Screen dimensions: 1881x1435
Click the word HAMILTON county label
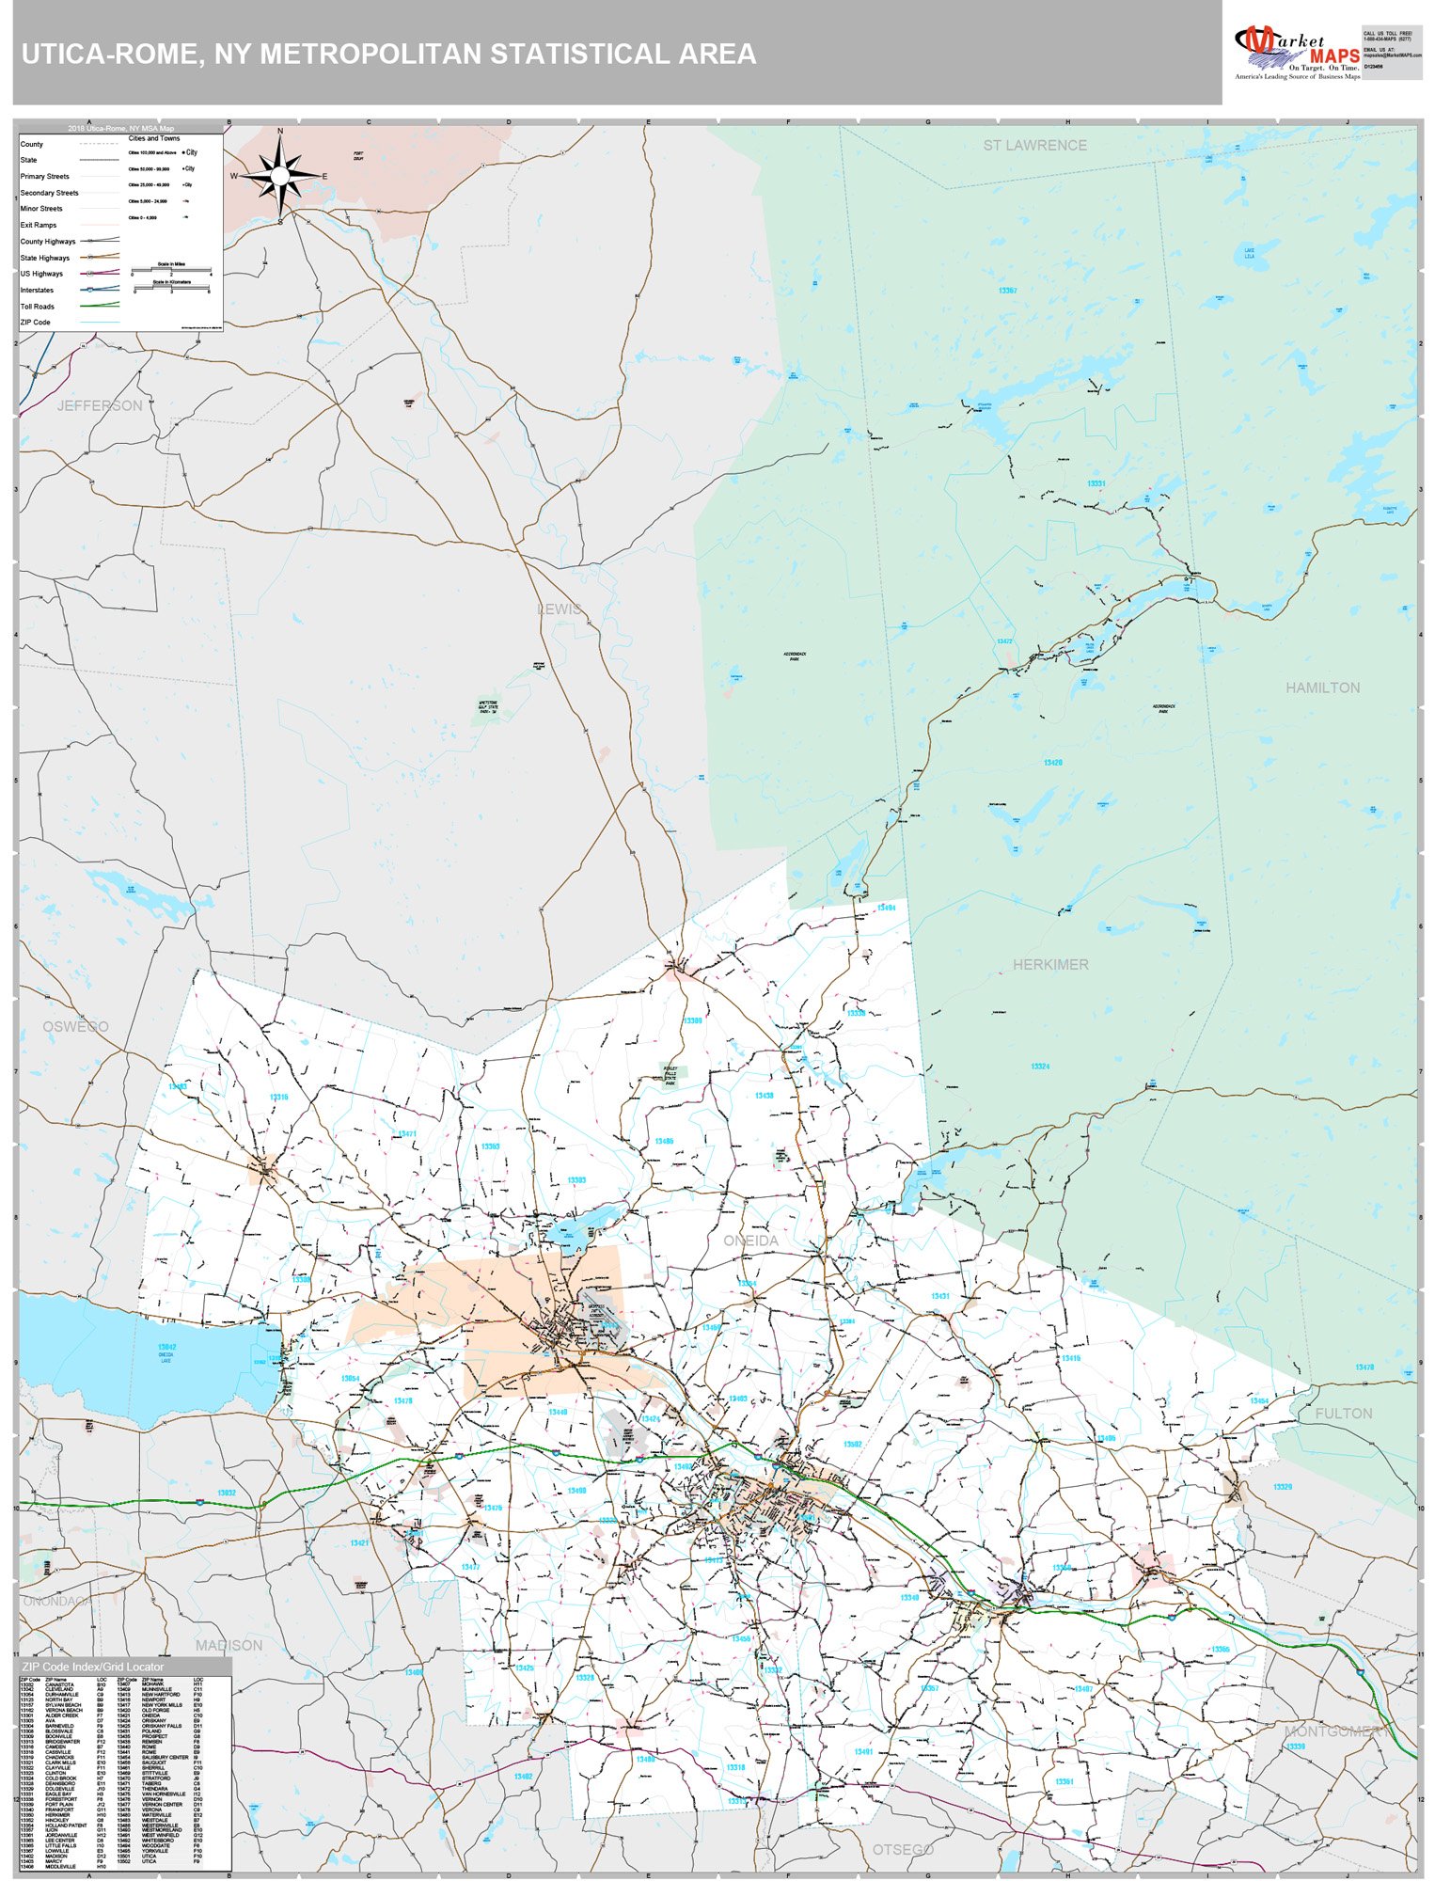(1322, 688)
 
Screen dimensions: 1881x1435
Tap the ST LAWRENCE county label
(1034, 145)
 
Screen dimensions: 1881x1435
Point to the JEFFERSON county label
(100, 405)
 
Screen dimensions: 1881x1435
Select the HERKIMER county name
(1050, 964)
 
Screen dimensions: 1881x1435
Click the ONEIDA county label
(750, 1241)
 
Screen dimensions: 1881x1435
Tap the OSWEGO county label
(75, 1026)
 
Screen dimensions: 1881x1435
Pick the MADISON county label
(229, 1645)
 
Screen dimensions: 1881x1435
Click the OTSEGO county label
(903, 1849)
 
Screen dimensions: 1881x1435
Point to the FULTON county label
(1343, 1414)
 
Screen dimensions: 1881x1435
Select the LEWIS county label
(560, 609)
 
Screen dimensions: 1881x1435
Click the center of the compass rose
(280, 175)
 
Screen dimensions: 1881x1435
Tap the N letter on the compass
(279, 132)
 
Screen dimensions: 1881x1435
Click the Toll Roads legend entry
(38, 307)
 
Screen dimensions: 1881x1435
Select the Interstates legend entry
(37, 290)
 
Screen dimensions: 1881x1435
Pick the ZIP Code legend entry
(36, 323)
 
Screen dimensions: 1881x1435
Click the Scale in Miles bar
(171, 272)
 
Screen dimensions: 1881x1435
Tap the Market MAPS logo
(1296, 52)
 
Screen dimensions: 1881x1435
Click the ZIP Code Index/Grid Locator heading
(92, 1667)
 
